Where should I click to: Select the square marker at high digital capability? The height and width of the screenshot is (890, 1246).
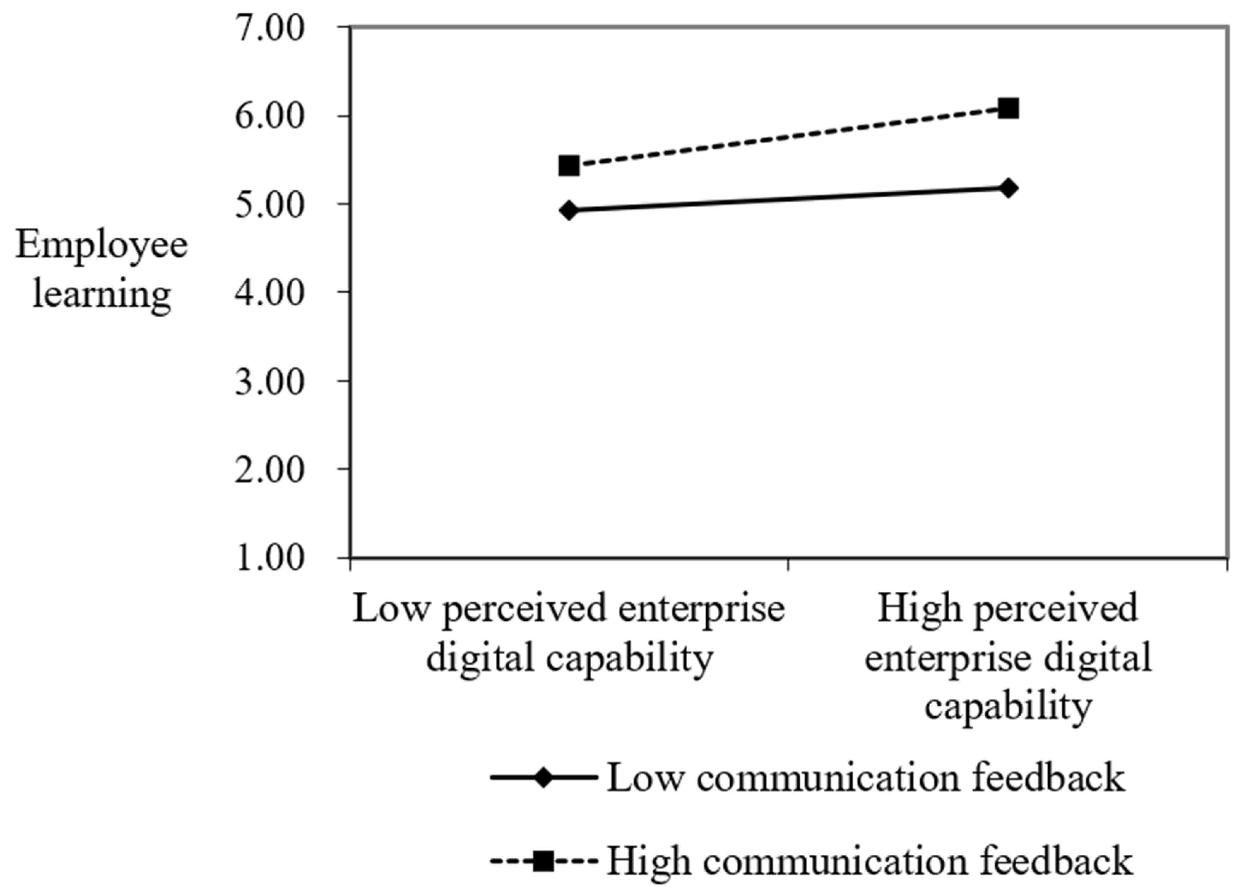[1008, 108]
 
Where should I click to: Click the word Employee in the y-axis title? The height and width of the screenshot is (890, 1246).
[101, 245]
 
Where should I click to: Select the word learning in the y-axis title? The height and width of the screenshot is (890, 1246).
[101, 294]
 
